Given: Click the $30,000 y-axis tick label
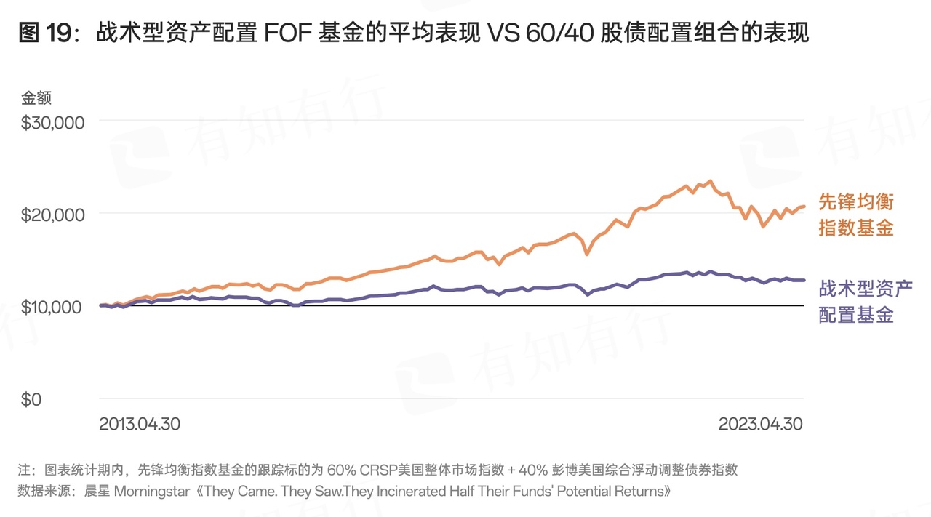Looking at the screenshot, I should [x=53, y=122].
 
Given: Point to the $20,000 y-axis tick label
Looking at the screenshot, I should [x=53, y=215].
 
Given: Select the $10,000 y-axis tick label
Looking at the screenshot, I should [x=53, y=307].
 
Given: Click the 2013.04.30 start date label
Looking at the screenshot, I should [x=140, y=424].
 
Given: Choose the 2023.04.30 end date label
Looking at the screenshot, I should [x=761, y=424].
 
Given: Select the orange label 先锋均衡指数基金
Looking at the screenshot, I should [x=856, y=215].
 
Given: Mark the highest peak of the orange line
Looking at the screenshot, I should [x=710, y=181].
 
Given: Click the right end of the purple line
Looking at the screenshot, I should [x=804, y=280].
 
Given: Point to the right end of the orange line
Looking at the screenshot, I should [x=804, y=207].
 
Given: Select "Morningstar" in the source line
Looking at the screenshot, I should [x=150, y=491].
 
